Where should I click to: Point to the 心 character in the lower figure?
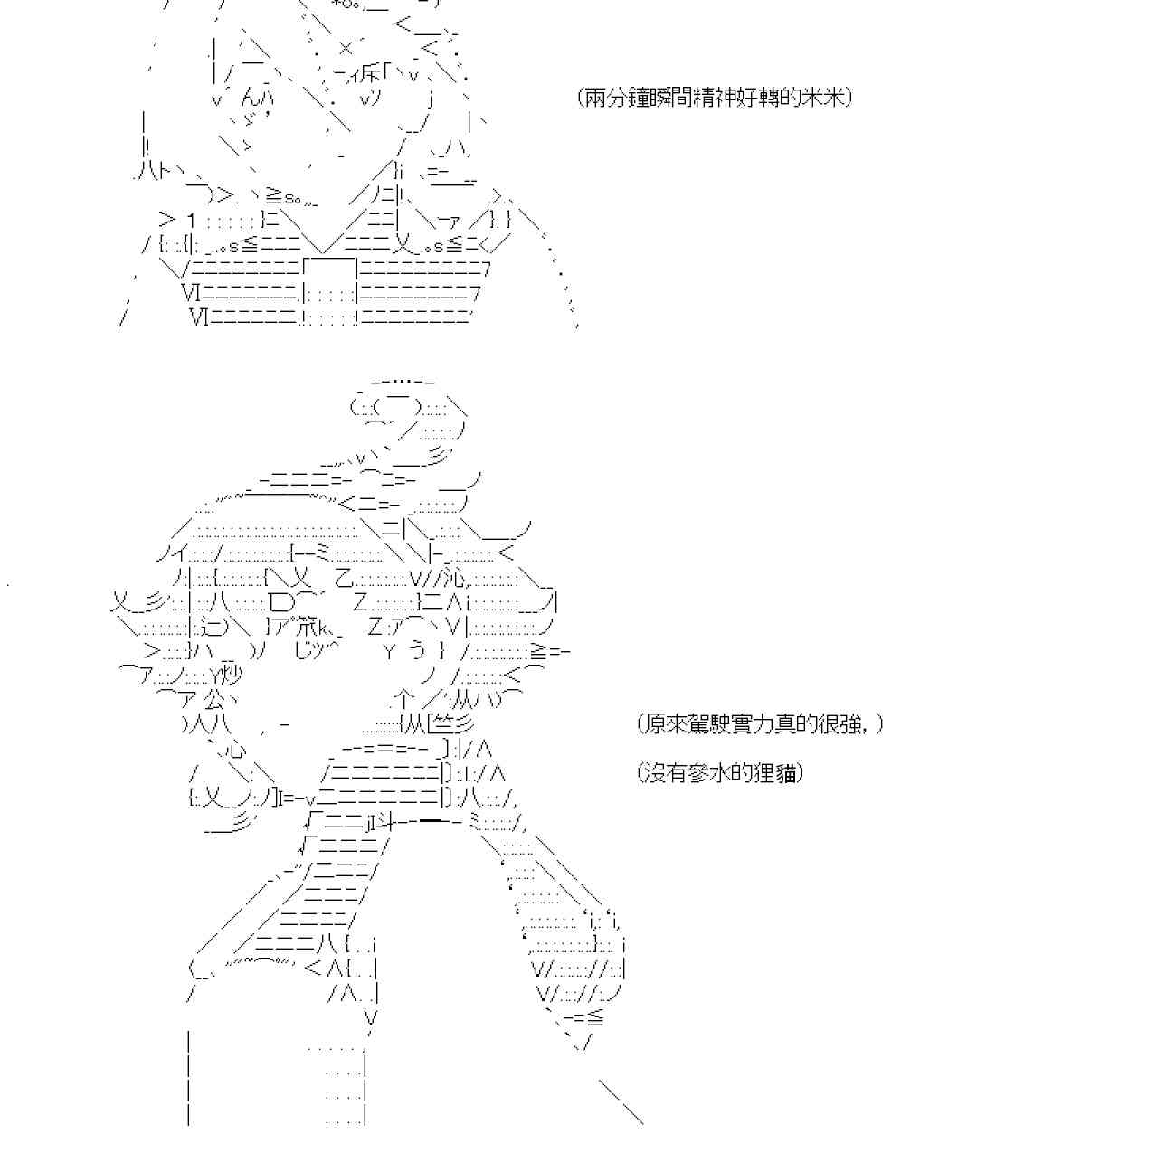[x=237, y=749]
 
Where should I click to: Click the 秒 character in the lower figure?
[x=232, y=676]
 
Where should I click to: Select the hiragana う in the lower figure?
[x=417, y=651]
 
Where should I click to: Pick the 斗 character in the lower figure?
[x=382, y=822]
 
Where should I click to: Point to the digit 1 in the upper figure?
[x=190, y=220]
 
